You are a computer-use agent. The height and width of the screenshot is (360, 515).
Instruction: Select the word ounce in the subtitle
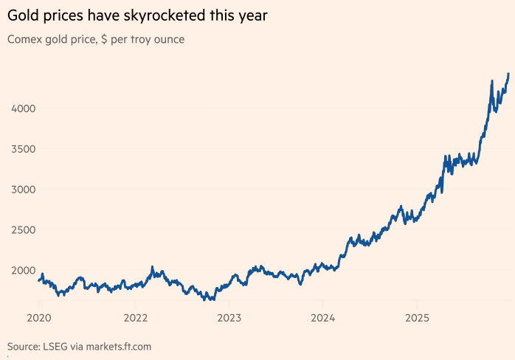167,39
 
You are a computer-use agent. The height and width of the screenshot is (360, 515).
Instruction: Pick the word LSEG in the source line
60,346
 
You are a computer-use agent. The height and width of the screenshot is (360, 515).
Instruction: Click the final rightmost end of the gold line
508,74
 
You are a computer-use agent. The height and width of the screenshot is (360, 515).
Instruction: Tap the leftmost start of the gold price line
38,280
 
